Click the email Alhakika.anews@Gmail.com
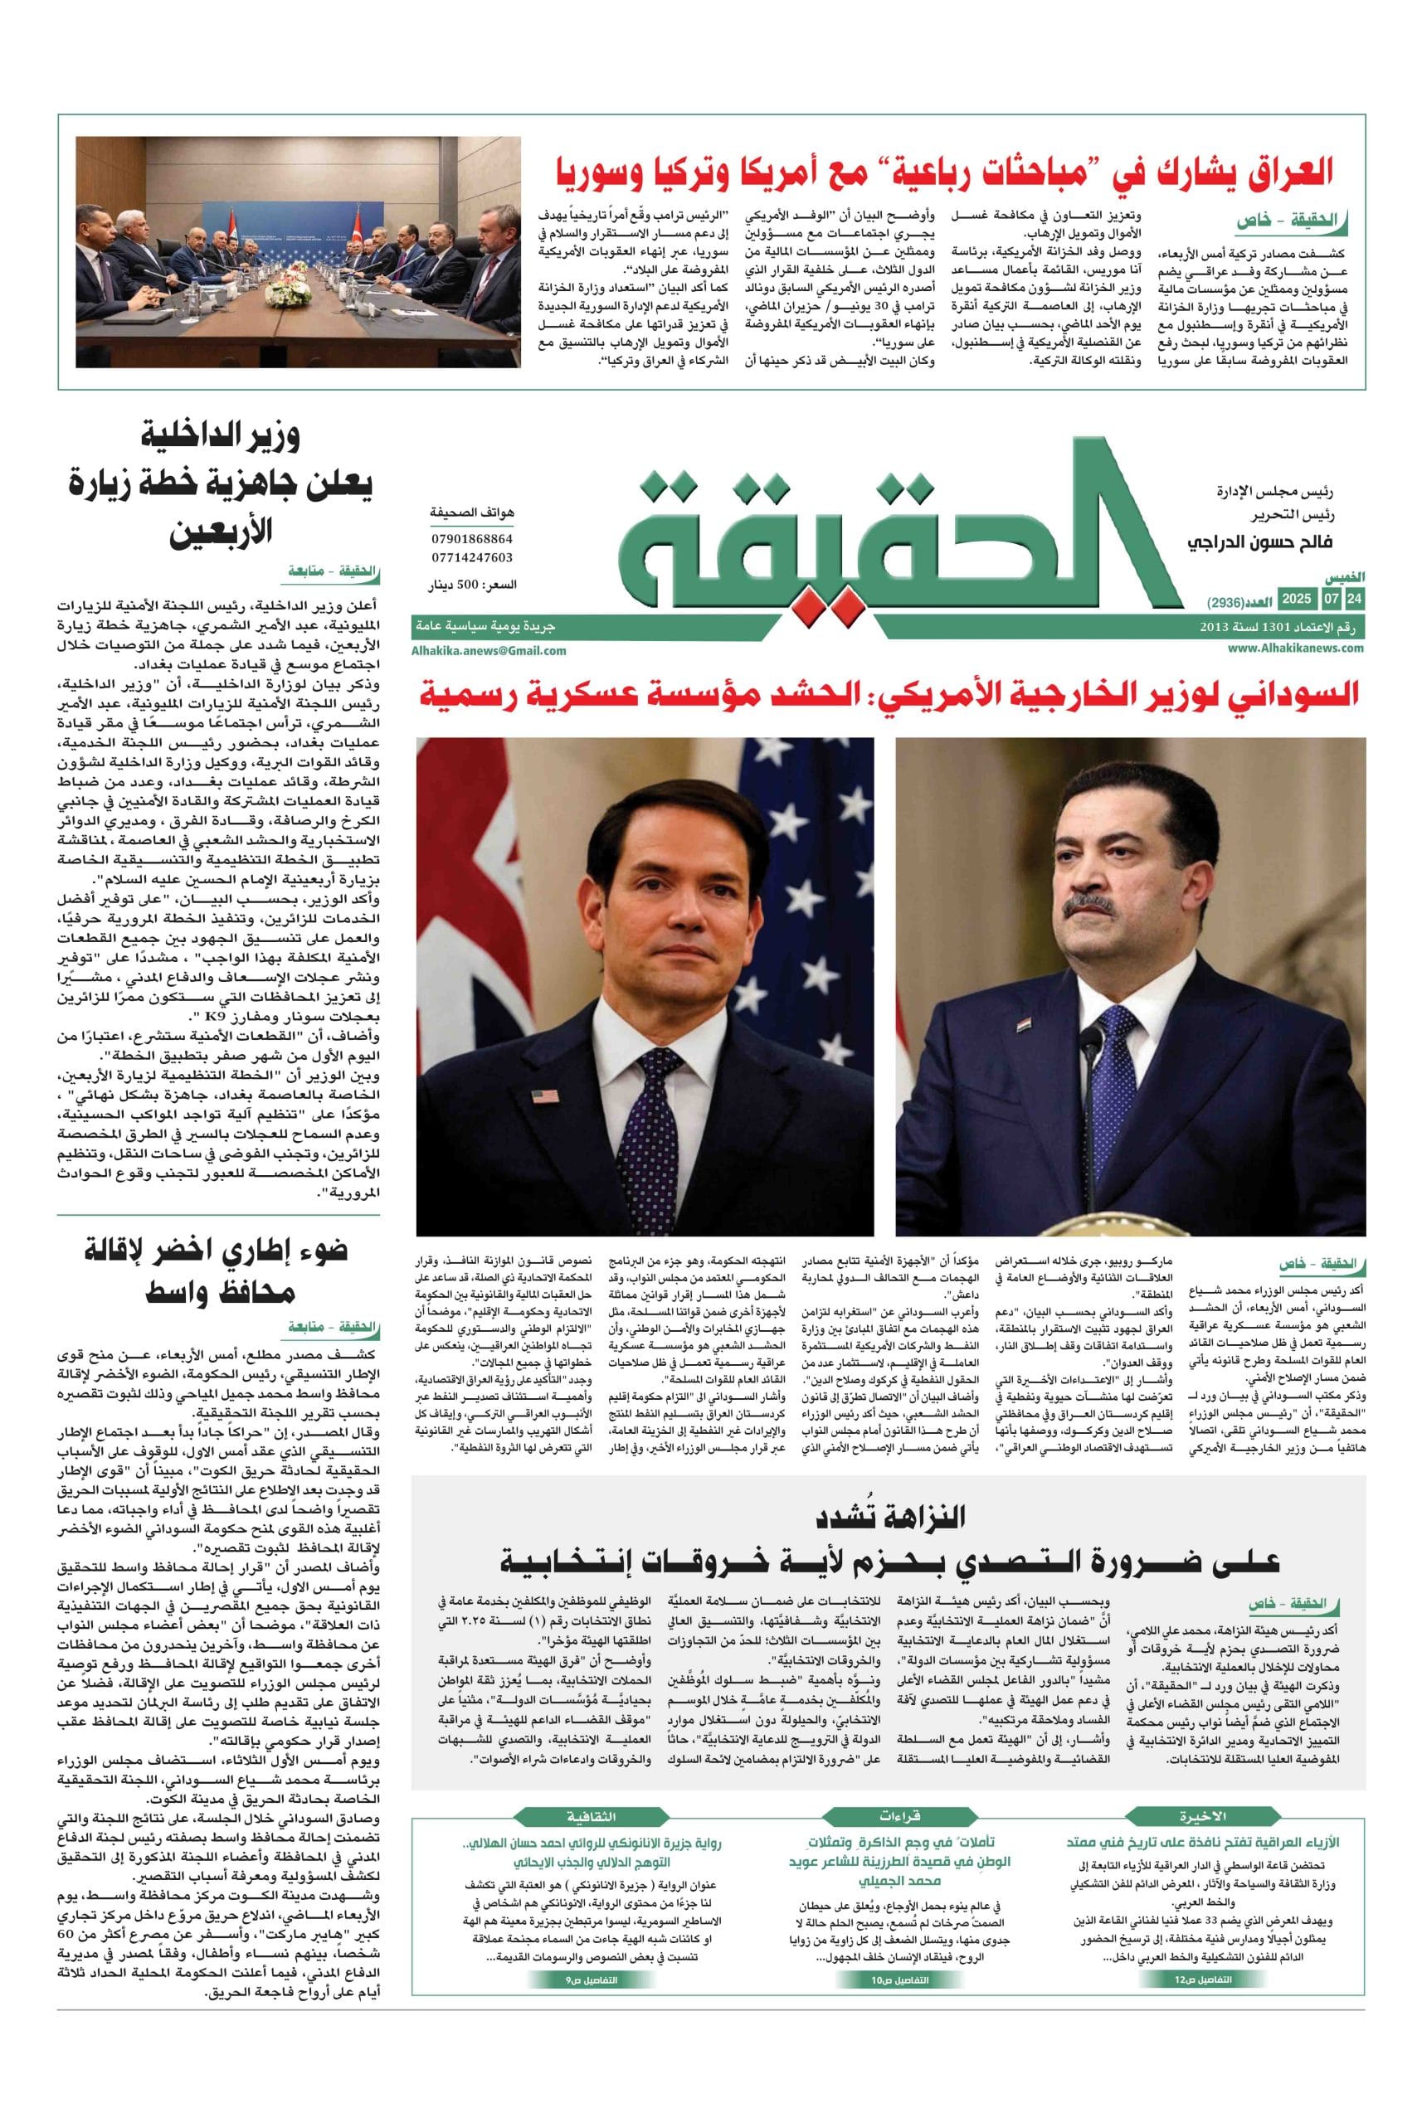489,650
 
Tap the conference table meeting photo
299,251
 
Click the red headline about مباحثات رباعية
943,170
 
